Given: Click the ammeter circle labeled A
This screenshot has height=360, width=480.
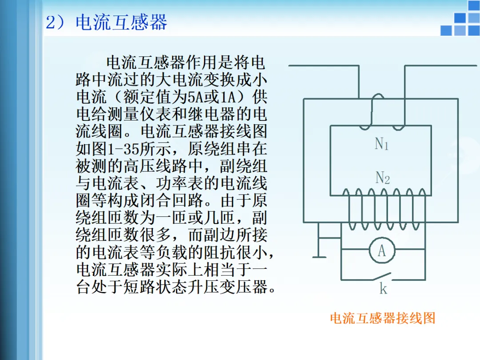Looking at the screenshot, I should [x=381, y=251].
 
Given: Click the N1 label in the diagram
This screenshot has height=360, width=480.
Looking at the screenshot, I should [x=382, y=144].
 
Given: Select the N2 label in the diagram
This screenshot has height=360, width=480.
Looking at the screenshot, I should [x=382, y=178].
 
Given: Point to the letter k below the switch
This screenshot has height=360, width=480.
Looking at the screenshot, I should [x=383, y=289].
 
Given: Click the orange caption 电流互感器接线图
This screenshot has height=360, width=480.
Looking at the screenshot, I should [x=382, y=318].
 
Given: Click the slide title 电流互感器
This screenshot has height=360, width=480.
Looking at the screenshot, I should [x=121, y=23].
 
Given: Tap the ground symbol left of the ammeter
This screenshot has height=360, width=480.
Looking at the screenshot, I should [x=319, y=256].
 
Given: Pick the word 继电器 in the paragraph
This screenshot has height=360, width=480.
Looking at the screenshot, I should [x=204, y=114].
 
